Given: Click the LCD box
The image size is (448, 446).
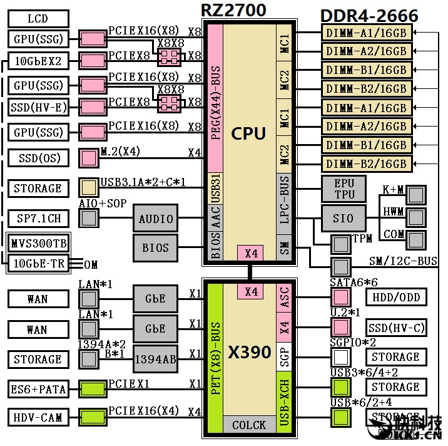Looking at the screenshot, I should [38, 19].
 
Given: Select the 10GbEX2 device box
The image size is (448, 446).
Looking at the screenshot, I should [38, 61].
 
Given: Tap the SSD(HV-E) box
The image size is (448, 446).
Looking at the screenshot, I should [38, 108].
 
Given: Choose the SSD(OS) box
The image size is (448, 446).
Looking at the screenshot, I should [38, 158].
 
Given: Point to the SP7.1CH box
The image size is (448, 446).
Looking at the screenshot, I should [38, 219].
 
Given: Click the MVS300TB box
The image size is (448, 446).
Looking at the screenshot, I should [38, 242].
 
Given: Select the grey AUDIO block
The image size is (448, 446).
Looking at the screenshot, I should [156, 219].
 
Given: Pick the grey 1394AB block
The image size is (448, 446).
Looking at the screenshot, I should [156, 359].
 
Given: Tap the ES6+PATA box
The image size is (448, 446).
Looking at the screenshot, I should [38, 389].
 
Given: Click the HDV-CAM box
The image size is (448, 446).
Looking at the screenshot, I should [38, 417].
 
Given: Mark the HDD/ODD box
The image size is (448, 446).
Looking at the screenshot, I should [396, 297].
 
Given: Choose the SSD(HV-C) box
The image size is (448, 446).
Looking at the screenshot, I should [396, 327].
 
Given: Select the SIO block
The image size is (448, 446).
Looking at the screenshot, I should [344, 219].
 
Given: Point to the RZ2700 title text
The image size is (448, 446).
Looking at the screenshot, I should [233, 10].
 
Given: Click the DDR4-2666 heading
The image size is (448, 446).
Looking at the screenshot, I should [369, 16].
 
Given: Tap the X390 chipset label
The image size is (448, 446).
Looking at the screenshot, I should [249, 352].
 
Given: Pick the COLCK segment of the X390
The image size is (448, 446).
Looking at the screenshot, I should [249, 425].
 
